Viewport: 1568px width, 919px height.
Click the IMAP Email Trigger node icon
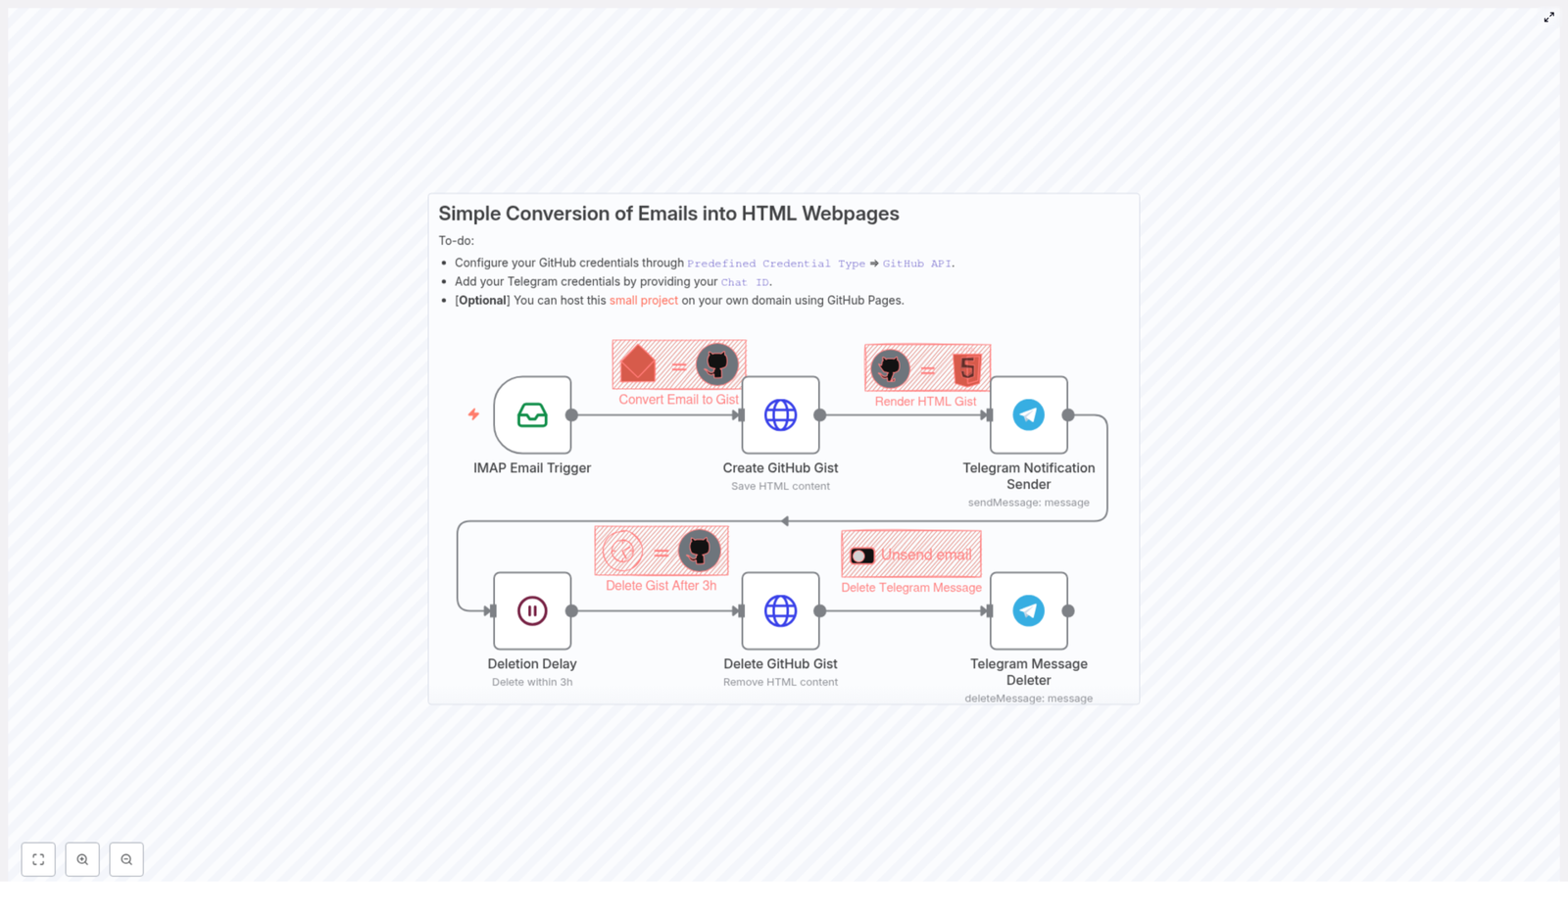[532, 415]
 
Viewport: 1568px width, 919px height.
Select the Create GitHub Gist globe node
[780, 415]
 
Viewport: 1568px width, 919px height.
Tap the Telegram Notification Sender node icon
[1028, 415]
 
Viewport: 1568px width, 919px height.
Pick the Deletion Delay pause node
[532, 611]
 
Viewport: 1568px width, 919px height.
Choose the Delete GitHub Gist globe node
[780, 611]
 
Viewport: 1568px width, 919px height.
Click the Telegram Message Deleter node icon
[1028, 611]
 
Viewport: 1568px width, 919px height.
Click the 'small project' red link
[643, 301]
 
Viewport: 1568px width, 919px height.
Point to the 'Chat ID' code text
[745, 282]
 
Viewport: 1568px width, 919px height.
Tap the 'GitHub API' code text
[916, 264]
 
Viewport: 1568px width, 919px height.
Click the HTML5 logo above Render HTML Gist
[967, 369]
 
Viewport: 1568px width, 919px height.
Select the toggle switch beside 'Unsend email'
[862, 556]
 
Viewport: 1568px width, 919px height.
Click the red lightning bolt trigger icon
[473, 414]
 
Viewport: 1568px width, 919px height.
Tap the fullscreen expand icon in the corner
[1549, 18]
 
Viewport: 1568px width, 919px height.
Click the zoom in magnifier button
[82, 859]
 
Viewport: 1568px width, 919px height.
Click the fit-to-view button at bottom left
[38, 859]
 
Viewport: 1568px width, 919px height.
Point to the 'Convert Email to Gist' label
[678, 400]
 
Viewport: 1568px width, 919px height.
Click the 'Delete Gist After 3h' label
[661, 586]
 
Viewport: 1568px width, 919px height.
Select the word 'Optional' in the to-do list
[482, 301]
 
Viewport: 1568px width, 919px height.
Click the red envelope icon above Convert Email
[638, 364]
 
